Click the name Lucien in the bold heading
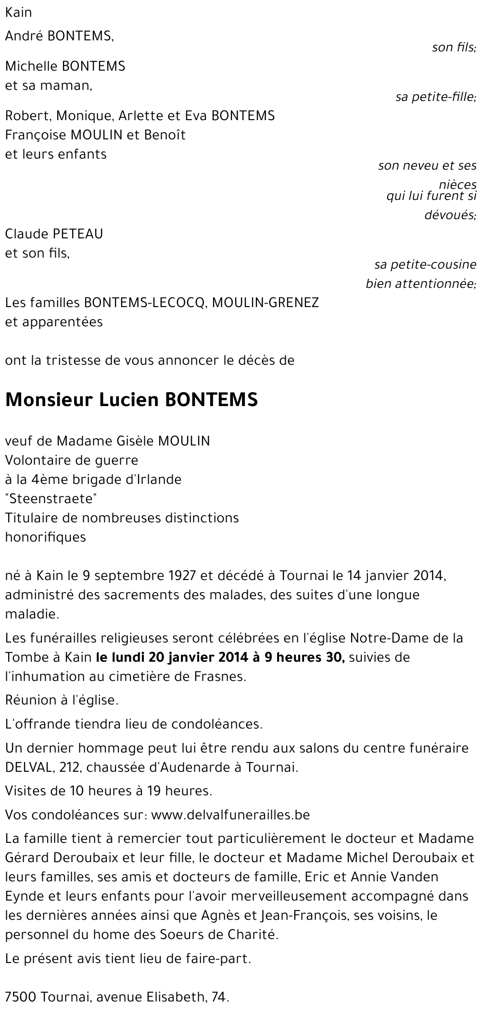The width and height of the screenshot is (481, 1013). coord(128,400)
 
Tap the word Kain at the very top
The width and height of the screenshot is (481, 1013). coord(18,12)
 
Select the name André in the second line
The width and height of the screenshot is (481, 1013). coord(25,37)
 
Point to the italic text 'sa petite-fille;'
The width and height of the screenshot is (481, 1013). coord(436,98)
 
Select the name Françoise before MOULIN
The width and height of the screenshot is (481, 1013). coord(36,135)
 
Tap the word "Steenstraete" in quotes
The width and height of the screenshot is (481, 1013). coord(51,499)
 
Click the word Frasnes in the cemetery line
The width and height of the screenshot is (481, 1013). coord(222,677)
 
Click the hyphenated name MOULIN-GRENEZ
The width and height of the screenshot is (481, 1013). coord(265,303)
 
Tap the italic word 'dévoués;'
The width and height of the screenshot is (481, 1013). coord(450,215)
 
